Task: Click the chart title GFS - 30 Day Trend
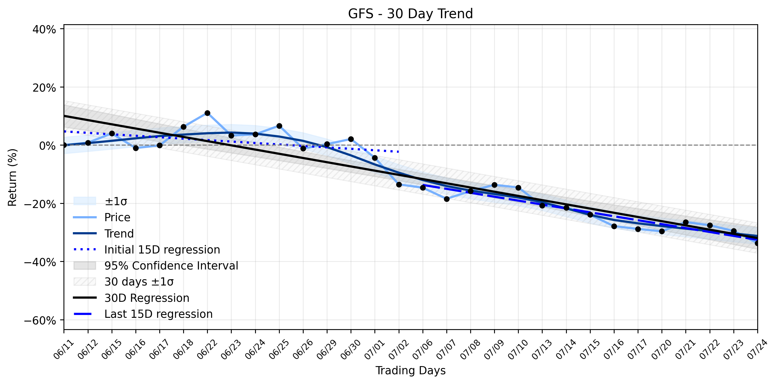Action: point(410,14)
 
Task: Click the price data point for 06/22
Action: point(207,113)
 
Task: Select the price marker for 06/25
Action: point(279,126)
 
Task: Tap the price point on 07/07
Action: point(447,199)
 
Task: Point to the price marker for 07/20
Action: point(662,231)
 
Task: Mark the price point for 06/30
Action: point(351,139)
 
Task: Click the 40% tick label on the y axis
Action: point(44,29)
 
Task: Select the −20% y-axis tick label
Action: point(40,204)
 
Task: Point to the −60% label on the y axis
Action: point(40,320)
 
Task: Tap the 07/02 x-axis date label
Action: point(399,349)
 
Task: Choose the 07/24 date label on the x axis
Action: point(757,349)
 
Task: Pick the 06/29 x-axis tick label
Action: point(327,349)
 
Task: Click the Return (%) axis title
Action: point(13,177)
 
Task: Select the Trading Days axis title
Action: point(410,371)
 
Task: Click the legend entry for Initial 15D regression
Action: point(162,250)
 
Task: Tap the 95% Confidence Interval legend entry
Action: point(171,266)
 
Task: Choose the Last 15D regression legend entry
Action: point(158,314)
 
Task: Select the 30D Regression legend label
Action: point(147,298)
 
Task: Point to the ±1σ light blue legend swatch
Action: point(85,201)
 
